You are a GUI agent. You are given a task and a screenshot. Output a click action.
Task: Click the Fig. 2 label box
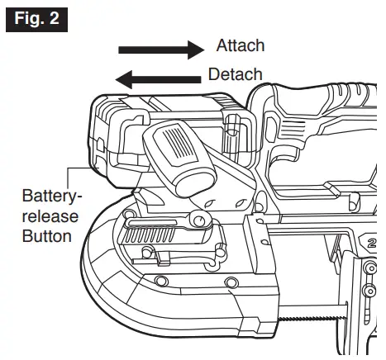pyautogui.click(x=34, y=17)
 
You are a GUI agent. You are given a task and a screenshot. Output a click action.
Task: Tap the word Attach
pyautogui.click(x=241, y=46)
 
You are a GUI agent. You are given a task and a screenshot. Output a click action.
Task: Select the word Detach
pyautogui.click(x=236, y=75)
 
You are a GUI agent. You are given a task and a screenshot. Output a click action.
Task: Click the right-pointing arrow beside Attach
pyautogui.click(x=160, y=50)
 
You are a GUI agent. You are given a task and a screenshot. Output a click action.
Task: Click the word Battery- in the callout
pyautogui.click(x=49, y=199)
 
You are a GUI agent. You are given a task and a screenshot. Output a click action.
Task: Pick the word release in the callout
pyautogui.click(x=48, y=217)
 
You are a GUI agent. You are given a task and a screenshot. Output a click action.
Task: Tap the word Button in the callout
pyautogui.click(x=45, y=236)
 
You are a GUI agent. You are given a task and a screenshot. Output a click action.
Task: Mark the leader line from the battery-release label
pyautogui.click(x=79, y=169)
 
